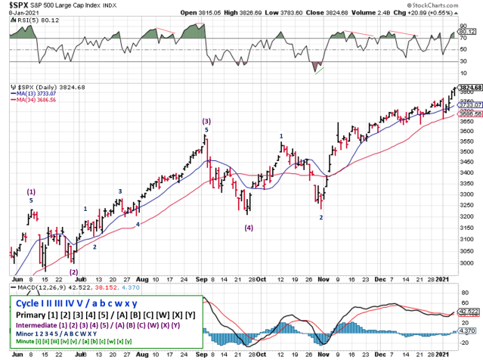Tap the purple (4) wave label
point(248,227)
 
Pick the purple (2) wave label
point(73,272)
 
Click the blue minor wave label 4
point(137,225)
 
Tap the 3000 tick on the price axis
point(468,263)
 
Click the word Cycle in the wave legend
point(28,303)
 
